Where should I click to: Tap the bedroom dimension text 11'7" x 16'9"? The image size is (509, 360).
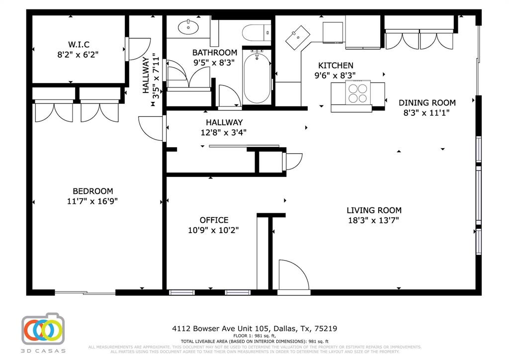coord(92,201)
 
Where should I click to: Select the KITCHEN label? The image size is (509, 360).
coord(336,66)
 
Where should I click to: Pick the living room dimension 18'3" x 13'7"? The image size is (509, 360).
coord(374,220)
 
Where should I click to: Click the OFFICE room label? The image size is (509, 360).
coord(214,220)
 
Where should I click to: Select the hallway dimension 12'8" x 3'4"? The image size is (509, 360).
coord(224,132)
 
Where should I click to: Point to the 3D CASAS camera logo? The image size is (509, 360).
coord(43,329)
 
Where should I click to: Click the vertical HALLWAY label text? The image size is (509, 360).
coord(146,75)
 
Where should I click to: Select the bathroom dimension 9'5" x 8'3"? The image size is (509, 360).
coord(215,62)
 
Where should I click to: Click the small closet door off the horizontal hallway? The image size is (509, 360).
coord(293,162)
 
